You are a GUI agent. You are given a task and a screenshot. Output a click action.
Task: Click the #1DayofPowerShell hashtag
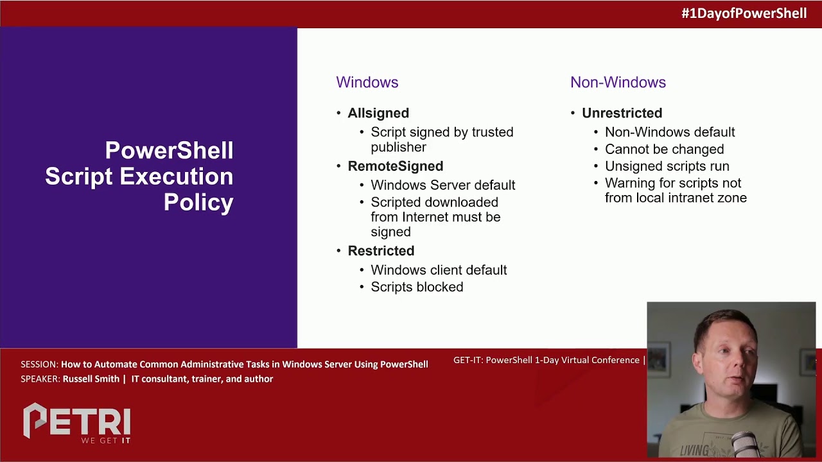744,13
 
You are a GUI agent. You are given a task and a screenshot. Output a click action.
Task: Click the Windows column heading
367,82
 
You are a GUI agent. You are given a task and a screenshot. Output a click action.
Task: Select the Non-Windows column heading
618,82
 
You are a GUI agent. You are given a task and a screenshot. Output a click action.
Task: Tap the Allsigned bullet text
378,113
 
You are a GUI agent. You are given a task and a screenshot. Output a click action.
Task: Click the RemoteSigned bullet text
395,166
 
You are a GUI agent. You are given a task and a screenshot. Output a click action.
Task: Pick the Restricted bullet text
381,251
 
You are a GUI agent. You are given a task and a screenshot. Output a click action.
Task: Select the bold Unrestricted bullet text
622,113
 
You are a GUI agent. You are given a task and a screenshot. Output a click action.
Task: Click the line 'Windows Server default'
442,185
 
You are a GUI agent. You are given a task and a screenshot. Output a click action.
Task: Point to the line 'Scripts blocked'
417,287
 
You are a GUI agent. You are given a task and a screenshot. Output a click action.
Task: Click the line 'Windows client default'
439,270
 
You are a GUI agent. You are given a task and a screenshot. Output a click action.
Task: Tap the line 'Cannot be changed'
664,149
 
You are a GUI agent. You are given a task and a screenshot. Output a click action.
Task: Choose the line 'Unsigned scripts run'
667,166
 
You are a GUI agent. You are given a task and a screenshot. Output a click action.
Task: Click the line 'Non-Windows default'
670,132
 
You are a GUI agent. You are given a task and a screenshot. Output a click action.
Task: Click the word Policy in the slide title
198,202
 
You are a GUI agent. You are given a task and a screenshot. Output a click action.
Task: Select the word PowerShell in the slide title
169,151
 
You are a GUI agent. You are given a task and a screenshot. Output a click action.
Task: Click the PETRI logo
77,423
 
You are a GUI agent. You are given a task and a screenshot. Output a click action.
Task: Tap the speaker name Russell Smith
91,379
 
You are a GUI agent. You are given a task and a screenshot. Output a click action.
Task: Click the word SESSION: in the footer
39,364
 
